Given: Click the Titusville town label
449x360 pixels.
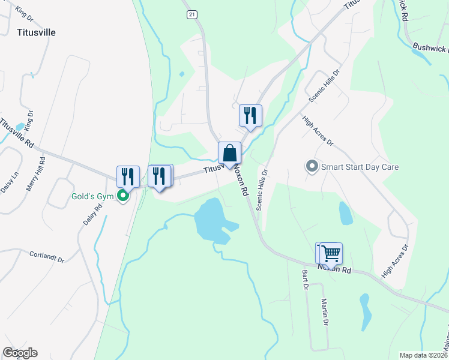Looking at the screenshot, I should (x=37, y=32).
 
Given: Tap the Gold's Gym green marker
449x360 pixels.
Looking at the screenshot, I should (x=123, y=196).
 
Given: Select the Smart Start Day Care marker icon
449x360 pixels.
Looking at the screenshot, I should (x=312, y=166).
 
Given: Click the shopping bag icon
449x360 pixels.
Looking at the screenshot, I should (x=229, y=153).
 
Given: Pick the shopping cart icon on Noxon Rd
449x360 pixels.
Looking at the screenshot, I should (x=330, y=253).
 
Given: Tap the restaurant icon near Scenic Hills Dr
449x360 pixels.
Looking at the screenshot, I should (x=250, y=115).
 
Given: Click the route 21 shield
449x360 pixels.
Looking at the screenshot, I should (x=191, y=14).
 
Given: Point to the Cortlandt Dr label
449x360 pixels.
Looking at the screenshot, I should (x=47, y=257).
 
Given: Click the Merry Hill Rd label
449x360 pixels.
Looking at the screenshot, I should (x=36, y=175).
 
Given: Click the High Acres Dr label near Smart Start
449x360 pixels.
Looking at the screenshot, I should (x=318, y=131).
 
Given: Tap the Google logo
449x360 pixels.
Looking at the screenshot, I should (x=20, y=353).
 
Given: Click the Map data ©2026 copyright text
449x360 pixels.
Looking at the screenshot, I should (x=423, y=355).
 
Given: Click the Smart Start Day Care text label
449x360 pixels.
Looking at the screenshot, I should (x=360, y=167).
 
